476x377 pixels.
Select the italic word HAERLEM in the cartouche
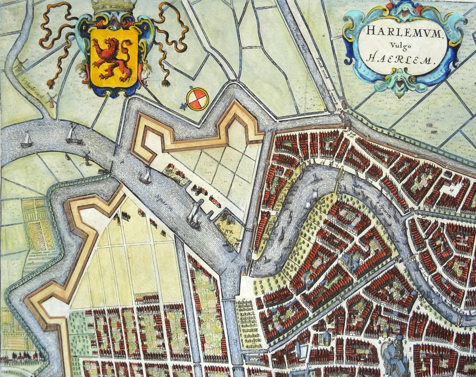(404, 59)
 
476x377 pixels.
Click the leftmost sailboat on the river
(27, 140)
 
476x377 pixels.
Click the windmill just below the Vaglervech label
(52, 100)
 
